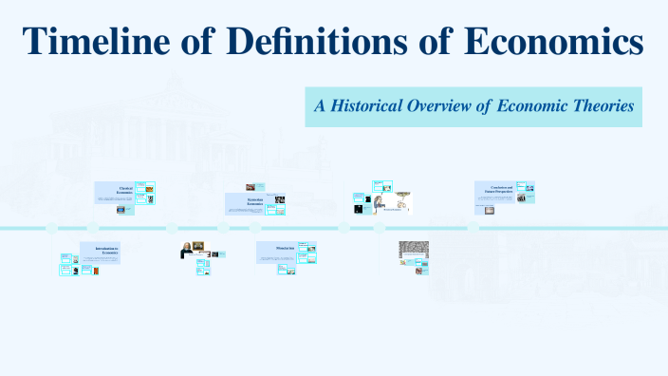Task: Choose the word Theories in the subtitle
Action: [599, 106]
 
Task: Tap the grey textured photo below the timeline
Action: [414, 249]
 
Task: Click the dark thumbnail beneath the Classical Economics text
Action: [121, 210]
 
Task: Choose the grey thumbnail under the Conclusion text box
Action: [490, 210]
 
